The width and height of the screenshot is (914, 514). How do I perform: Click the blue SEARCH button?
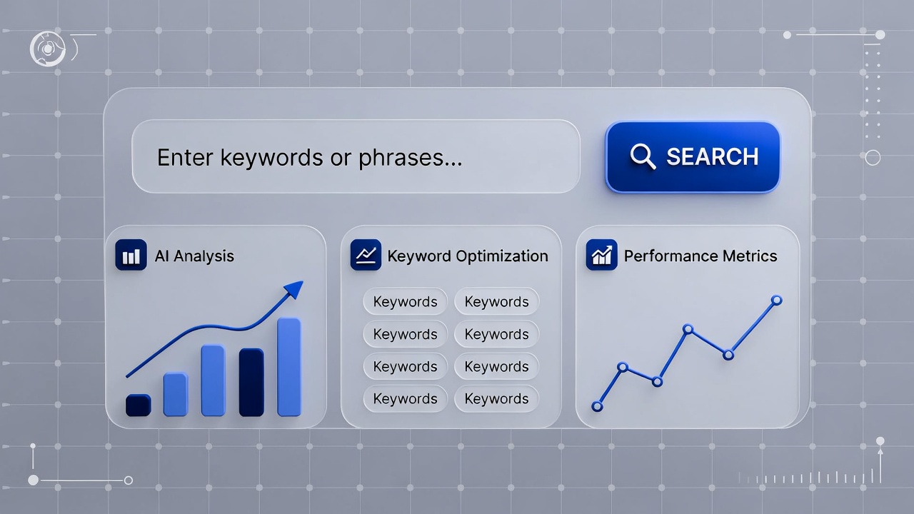693,157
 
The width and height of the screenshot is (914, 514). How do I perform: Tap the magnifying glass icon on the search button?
643,156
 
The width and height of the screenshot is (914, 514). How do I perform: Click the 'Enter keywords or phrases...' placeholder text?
310,158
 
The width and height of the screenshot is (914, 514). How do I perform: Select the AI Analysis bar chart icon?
131,255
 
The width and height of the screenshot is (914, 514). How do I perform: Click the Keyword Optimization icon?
366,255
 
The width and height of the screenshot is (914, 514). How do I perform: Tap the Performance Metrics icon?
601,255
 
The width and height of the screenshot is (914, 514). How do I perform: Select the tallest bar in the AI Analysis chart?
289,367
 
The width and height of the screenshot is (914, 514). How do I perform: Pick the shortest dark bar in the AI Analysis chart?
139,405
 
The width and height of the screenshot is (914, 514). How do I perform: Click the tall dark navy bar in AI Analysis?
251,382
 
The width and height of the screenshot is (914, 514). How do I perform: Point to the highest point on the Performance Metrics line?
776,301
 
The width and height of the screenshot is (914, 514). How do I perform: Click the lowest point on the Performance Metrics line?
597,406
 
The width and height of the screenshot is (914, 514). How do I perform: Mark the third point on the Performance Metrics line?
657,382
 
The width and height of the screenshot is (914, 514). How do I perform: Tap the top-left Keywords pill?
405,301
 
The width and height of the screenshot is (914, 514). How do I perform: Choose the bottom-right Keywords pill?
496,398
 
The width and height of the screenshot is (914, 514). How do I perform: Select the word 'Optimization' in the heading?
502,256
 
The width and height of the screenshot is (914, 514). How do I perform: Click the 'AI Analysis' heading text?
194,256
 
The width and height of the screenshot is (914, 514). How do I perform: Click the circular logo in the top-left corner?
48,49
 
